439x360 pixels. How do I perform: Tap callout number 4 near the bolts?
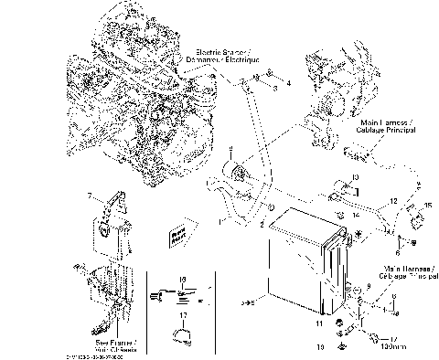click(x=287, y=83)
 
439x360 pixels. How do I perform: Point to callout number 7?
click(x=89, y=196)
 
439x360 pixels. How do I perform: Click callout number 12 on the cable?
click(x=391, y=200)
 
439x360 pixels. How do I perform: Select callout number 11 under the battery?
click(x=320, y=323)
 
